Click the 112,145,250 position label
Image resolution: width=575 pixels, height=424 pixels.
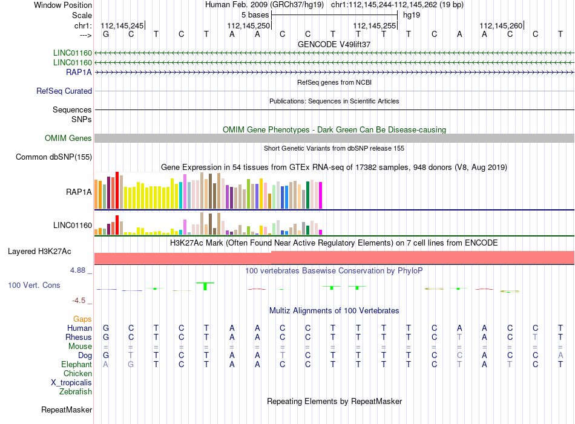(248, 25)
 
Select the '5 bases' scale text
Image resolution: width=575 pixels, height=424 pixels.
(255, 15)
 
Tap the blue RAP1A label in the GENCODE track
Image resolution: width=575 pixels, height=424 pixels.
(79, 72)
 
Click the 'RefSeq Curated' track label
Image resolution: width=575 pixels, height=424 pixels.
(64, 91)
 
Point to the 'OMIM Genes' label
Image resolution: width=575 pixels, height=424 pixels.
(68, 138)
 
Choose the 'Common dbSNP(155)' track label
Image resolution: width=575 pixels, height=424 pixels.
(54, 157)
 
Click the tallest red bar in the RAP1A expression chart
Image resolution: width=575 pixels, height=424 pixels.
(117, 190)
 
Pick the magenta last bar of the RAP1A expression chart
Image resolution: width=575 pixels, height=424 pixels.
(321, 195)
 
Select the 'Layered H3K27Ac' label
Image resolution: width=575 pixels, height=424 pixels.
(39, 252)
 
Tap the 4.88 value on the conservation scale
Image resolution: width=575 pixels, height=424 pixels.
(77, 270)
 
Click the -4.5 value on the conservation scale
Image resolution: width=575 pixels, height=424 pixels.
(79, 301)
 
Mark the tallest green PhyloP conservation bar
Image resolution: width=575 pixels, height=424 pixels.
(205, 286)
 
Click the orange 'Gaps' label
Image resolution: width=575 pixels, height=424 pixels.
(82, 319)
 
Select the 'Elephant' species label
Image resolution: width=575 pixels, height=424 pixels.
(77, 365)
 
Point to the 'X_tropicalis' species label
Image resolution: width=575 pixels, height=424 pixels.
(71, 383)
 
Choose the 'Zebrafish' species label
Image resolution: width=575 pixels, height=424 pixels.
(76, 392)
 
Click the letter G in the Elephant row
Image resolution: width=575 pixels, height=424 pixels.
(131, 365)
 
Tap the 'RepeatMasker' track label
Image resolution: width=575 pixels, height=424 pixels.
(67, 409)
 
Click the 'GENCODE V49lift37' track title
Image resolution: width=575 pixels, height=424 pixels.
(334, 44)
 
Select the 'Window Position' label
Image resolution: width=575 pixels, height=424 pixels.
(63, 5)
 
